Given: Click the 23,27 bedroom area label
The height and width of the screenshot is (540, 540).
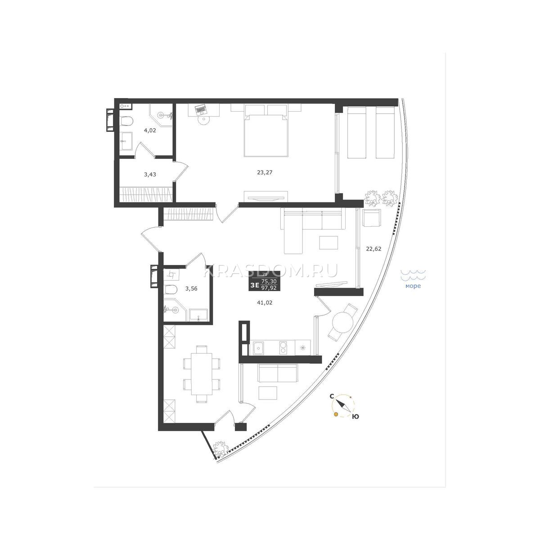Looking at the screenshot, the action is [x=265, y=172].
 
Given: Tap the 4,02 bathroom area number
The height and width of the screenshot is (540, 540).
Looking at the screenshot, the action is [x=150, y=130].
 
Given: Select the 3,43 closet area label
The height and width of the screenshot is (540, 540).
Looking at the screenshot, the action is [x=150, y=174].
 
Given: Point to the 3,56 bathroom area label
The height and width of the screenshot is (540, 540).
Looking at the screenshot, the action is [x=191, y=288].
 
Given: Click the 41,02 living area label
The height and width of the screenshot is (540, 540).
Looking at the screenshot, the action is [x=265, y=303].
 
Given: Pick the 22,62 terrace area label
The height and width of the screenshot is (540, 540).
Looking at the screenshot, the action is [x=374, y=248].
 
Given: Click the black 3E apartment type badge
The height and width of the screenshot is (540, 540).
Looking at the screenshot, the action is [x=265, y=281].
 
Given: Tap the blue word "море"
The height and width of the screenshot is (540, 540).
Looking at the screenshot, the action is [x=413, y=286].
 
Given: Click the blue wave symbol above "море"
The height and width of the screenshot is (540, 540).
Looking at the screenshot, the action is [x=414, y=275].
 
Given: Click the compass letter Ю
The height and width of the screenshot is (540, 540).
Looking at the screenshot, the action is [x=355, y=424].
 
